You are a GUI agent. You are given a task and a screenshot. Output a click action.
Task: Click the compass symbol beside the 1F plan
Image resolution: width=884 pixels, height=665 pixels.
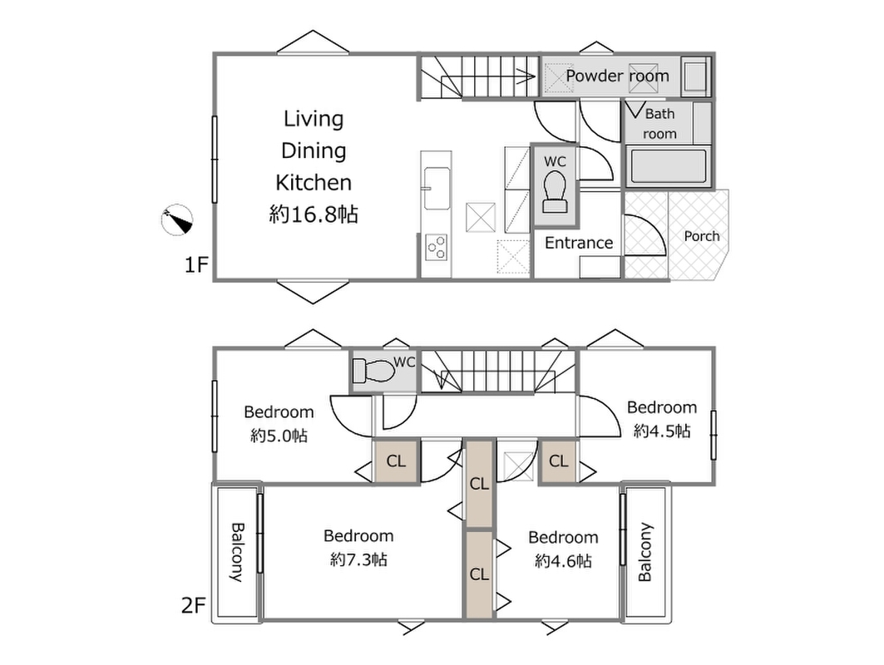pyautogui.click(x=177, y=219)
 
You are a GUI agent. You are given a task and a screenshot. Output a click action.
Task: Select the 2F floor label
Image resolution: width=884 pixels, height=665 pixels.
pyautogui.click(x=194, y=606)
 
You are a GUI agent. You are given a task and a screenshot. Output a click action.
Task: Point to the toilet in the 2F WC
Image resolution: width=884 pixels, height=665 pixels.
pyautogui.click(x=373, y=372)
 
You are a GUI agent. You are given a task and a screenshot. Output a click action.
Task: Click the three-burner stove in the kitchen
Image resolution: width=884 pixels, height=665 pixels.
pyautogui.click(x=437, y=247)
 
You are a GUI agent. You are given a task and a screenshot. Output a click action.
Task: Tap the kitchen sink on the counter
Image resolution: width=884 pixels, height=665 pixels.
pyautogui.click(x=437, y=188)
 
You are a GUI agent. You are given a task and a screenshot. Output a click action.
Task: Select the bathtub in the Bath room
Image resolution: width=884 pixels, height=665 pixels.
pyautogui.click(x=668, y=165)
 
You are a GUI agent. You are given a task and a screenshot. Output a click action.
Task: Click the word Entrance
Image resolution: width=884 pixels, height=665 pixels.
pyautogui.click(x=579, y=243)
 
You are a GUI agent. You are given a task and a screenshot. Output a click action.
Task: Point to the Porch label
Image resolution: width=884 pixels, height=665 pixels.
pyautogui.click(x=701, y=236)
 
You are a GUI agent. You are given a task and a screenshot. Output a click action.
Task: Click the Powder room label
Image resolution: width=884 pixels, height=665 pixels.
pyautogui.click(x=617, y=76)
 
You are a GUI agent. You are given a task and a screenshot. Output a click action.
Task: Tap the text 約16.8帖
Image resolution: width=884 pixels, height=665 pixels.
pyautogui.click(x=314, y=214)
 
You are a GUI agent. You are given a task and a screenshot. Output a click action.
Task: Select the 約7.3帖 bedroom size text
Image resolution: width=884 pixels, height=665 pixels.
pyautogui.click(x=358, y=559)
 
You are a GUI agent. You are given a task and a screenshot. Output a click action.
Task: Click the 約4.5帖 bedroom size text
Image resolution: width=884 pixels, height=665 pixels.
pyautogui.click(x=662, y=431)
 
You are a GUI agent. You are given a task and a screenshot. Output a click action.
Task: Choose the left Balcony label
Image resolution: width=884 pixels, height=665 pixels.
pyautogui.click(x=237, y=552)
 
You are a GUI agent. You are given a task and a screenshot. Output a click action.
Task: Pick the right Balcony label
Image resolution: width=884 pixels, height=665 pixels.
pyautogui.click(x=645, y=552)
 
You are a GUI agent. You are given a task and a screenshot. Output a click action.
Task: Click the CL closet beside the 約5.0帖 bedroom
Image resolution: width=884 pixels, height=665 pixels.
pyautogui.click(x=396, y=461)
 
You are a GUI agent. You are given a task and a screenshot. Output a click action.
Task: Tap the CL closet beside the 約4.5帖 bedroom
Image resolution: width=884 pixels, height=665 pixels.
pyautogui.click(x=558, y=461)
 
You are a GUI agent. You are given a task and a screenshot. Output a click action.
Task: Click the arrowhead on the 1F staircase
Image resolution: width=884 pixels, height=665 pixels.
pyautogui.click(x=531, y=76)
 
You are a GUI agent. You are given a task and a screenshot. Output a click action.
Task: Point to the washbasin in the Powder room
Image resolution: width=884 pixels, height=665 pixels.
pyautogui.click(x=696, y=76)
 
